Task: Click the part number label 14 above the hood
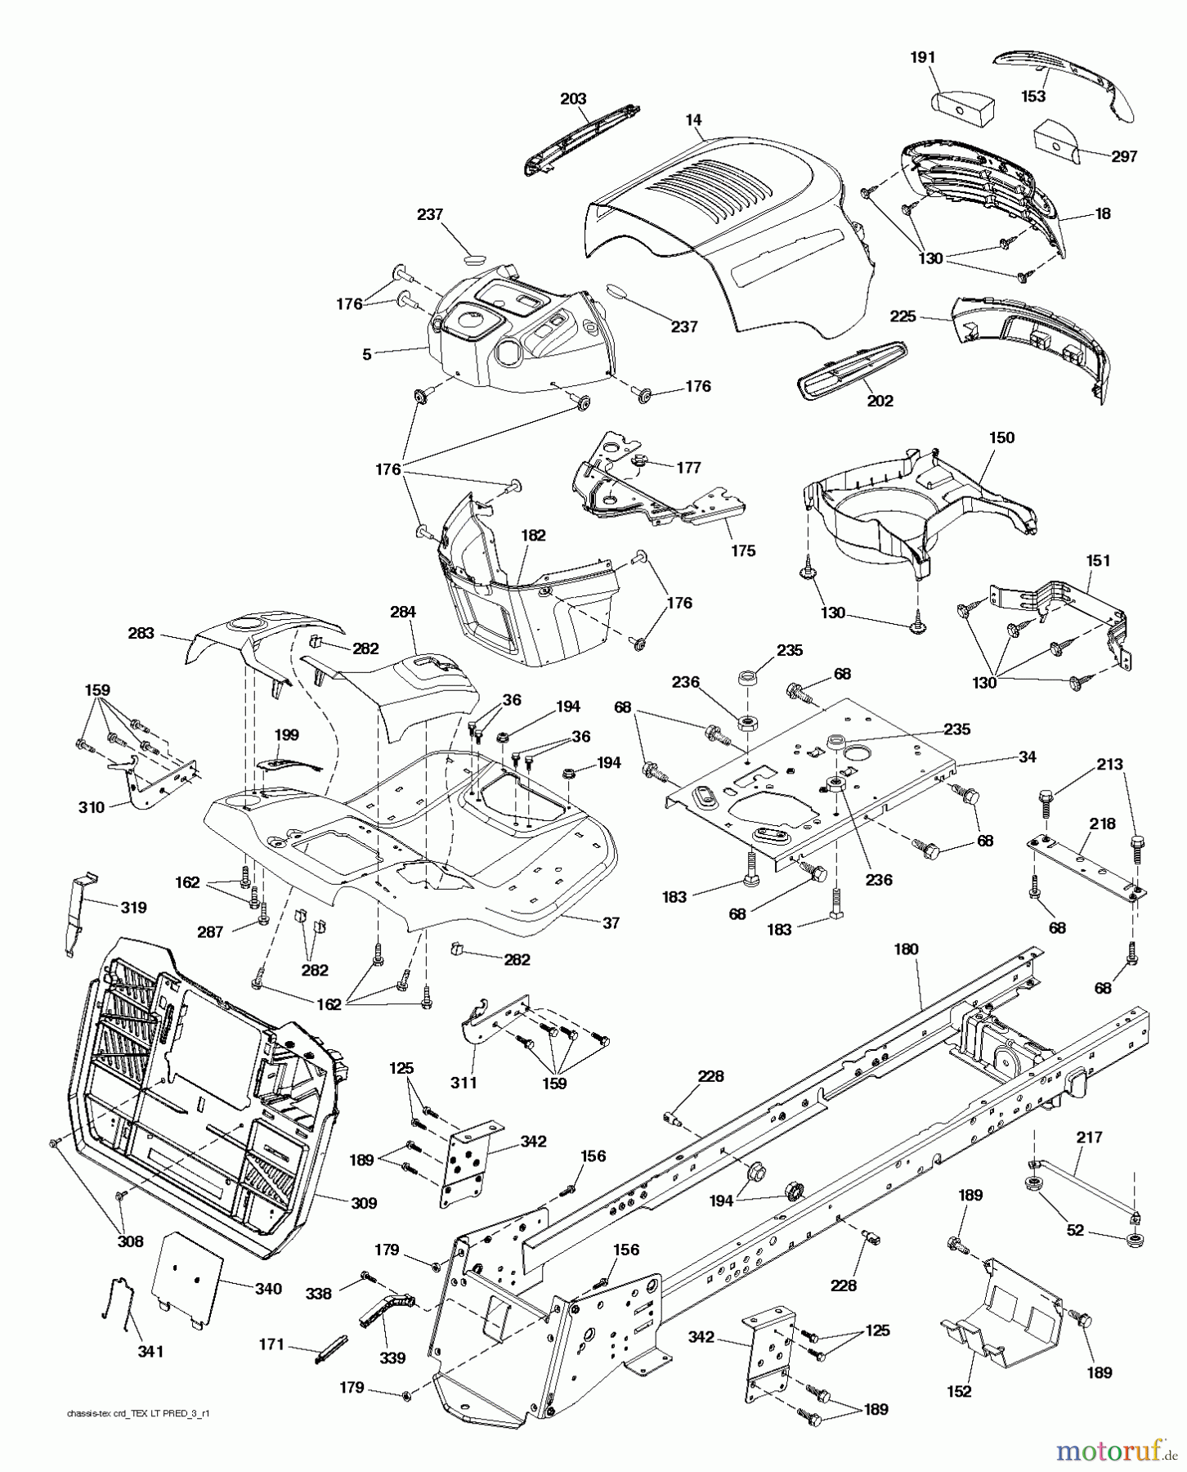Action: [x=693, y=120]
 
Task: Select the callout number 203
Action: [x=573, y=99]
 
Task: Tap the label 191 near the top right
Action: [x=922, y=57]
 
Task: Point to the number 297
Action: [x=1125, y=156]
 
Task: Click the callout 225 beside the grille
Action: [x=903, y=316]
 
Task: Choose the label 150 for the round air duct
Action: [x=1001, y=438]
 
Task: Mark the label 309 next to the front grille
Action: [x=363, y=1203]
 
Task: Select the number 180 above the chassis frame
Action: [x=906, y=949]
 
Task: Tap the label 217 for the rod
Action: [x=1090, y=1137]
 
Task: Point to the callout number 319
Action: [x=133, y=907]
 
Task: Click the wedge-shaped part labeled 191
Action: [x=963, y=107]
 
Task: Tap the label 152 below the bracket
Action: [x=961, y=1392]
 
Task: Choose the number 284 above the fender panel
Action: [x=403, y=612]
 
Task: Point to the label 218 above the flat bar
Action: [x=1103, y=824]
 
